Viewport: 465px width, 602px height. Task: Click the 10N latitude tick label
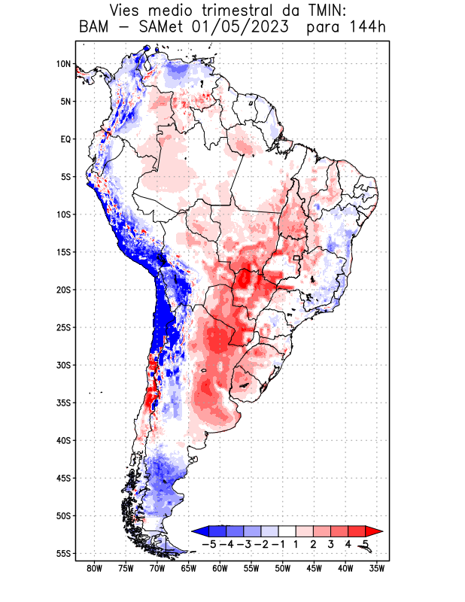tap(63, 64)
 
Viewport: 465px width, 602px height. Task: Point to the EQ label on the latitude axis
tap(65, 139)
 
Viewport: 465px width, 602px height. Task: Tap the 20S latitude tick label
tap(63, 290)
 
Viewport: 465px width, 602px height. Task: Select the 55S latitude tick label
tap(63, 554)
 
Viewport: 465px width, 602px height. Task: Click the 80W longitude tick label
tap(95, 568)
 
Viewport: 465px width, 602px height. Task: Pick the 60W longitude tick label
tap(220, 568)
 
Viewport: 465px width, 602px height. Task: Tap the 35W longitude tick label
tap(378, 568)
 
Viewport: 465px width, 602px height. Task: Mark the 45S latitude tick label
tap(63, 479)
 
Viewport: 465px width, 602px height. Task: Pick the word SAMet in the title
tap(157, 28)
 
